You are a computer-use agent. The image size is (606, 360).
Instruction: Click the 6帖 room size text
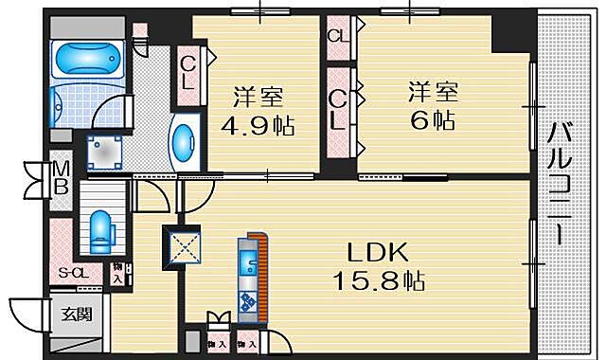434,121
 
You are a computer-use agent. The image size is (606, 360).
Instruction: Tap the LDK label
376,254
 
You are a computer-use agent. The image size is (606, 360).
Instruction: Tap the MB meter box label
60,177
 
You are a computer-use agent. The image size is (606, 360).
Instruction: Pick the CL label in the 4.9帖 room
188,71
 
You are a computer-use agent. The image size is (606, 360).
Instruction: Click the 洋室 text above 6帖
434,93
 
